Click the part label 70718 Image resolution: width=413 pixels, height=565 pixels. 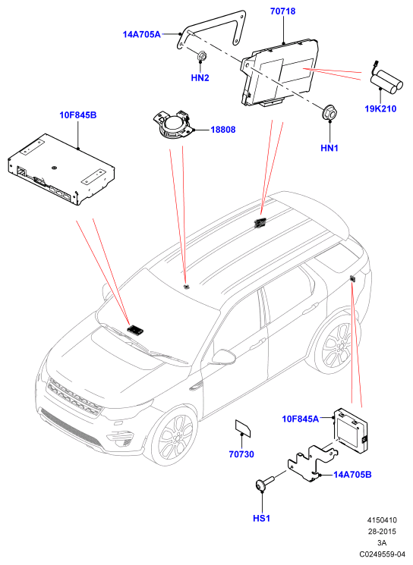click(282, 11)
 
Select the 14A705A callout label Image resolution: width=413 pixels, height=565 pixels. click(141, 34)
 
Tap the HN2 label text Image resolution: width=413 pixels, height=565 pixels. click(200, 78)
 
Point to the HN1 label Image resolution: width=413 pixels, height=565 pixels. click(329, 148)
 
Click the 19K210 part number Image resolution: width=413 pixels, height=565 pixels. click(380, 108)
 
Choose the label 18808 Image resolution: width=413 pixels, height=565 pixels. click(223, 130)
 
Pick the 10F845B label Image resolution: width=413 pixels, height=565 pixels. click(78, 115)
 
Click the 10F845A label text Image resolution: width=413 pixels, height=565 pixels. click(300, 419)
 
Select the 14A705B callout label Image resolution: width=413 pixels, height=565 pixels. click(352, 475)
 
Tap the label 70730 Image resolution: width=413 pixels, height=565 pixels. click(241, 454)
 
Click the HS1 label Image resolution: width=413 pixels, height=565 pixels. click(261, 518)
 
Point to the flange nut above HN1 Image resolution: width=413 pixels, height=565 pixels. click(329, 112)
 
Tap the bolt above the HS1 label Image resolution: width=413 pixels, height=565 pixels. click(265, 482)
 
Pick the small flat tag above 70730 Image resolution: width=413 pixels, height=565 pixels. click(243, 428)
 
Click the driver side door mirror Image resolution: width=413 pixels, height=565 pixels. click(224, 356)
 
